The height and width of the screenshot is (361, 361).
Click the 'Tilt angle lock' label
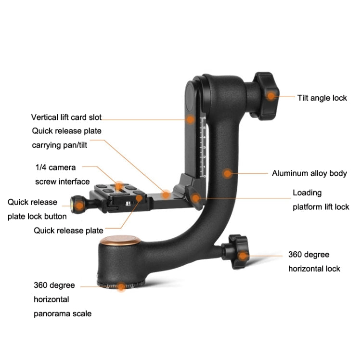click(x=322, y=98)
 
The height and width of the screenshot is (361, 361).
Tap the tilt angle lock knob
click(x=266, y=96)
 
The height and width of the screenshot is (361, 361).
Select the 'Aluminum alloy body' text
click(x=309, y=173)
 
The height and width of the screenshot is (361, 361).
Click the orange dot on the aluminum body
click(x=227, y=173)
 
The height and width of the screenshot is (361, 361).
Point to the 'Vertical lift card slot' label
click(x=66, y=117)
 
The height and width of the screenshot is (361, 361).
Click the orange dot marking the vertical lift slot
click(x=190, y=119)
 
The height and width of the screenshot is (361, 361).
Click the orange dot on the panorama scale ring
click(x=121, y=286)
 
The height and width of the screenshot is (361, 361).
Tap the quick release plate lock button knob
click(x=78, y=205)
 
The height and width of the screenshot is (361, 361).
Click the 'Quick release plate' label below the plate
click(x=68, y=231)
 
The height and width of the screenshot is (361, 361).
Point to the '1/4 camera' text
click(x=55, y=168)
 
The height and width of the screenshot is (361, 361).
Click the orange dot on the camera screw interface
click(x=119, y=186)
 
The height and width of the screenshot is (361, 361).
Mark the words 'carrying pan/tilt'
click(x=59, y=145)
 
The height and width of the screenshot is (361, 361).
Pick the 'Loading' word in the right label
click(x=307, y=193)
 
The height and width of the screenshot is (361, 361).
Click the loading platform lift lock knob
click(x=194, y=198)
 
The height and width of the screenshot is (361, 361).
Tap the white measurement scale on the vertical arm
click(x=203, y=147)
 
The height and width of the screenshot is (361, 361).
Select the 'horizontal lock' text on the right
click(x=314, y=269)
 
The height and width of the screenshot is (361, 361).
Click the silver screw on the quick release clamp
click(x=128, y=204)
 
